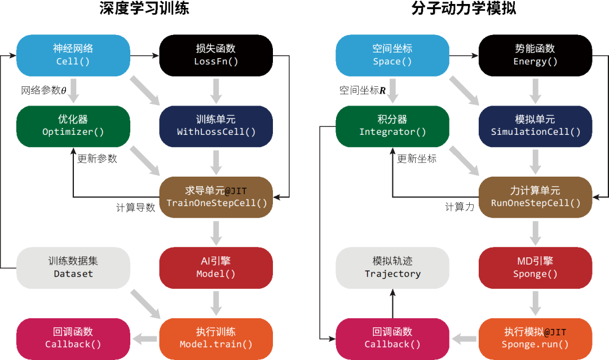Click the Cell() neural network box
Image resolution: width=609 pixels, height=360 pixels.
[x=73, y=55]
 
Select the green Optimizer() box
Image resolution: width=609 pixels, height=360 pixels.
[x=73, y=126]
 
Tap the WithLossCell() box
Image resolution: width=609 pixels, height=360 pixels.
[x=216, y=126]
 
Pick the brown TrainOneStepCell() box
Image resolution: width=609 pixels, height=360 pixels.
[x=216, y=197]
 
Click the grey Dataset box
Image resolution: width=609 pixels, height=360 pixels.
[x=73, y=268]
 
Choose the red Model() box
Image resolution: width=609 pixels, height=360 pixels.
[x=216, y=268]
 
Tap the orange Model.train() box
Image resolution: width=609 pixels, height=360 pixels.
[x=216, y=339]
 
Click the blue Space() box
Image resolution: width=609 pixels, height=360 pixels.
[x=392, y=55]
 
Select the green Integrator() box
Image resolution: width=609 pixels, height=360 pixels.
[x=392, y=126]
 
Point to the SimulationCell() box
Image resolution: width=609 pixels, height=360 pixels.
[x=535, y=126]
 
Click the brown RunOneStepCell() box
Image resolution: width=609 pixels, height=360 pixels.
[x=535, y=197]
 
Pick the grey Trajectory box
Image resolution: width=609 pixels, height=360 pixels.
[x=392, y=268]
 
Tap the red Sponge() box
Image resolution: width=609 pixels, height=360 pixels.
[x=535, y=268]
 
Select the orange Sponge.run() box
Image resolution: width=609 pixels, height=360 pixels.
[x=535, y=339]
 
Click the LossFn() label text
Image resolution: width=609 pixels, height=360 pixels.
[x=216, y=62]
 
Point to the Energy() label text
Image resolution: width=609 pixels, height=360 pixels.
[x=535, y=62]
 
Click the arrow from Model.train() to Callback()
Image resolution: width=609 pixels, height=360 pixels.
[x=145, y=339]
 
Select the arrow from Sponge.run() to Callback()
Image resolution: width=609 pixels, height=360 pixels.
[x=464, y=339]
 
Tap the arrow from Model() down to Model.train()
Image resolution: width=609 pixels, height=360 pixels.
[x=216, y=303]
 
